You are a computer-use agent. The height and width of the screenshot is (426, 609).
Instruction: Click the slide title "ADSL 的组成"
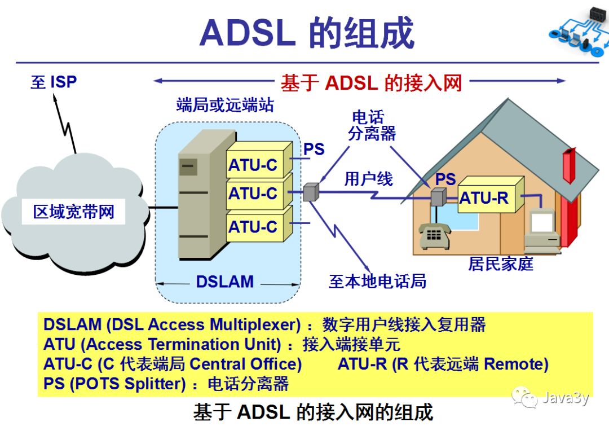(307, 33)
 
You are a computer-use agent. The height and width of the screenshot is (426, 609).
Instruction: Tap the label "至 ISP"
(54, 82)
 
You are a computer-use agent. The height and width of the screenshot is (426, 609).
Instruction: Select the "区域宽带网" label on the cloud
(74, 212)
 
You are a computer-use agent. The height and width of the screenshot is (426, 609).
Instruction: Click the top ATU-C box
(253, 165)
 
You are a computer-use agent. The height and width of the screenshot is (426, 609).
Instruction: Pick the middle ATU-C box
(253, 194)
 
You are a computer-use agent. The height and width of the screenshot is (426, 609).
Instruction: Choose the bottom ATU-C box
(253, 227)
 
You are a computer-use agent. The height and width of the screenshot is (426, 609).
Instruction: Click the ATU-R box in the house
(484, 197)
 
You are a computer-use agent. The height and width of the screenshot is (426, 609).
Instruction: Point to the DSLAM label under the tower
(224, 282)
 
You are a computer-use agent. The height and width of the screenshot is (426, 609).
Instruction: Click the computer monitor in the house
(542, 223)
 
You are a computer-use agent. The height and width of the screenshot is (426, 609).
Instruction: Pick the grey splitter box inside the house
(438, 197)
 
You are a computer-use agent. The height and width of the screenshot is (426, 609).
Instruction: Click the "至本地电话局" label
(377, 280)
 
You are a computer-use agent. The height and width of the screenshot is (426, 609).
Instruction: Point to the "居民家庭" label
(501, 263)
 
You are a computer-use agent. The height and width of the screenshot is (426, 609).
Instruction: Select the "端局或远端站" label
(225, 104)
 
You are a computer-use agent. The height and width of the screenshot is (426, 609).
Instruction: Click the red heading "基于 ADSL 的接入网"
(371, 83)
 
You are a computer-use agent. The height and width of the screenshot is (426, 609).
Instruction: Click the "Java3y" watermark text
(566, 398)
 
